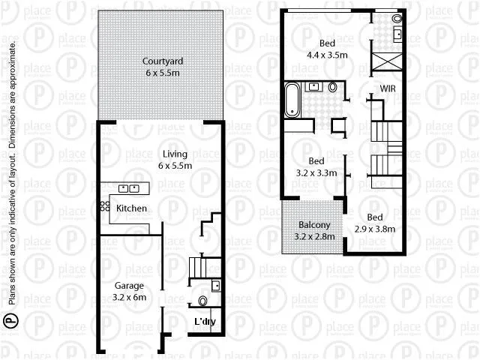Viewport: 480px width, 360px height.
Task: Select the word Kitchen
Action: click(131, 208)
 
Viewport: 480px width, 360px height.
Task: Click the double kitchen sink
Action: click(129, 188)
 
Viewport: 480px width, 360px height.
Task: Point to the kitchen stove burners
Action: click(100, 206)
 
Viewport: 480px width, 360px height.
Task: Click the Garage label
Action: click(129, 286)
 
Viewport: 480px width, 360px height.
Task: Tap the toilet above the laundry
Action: click(202, 301)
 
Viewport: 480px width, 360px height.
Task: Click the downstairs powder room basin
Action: click(215, 284)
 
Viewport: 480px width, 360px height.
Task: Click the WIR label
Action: click(388, 88)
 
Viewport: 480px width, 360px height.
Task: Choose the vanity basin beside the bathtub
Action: click(312, 88)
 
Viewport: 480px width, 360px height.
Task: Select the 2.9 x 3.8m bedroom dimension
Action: click(375, 229)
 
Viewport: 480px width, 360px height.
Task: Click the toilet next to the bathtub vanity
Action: click(333, 88)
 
